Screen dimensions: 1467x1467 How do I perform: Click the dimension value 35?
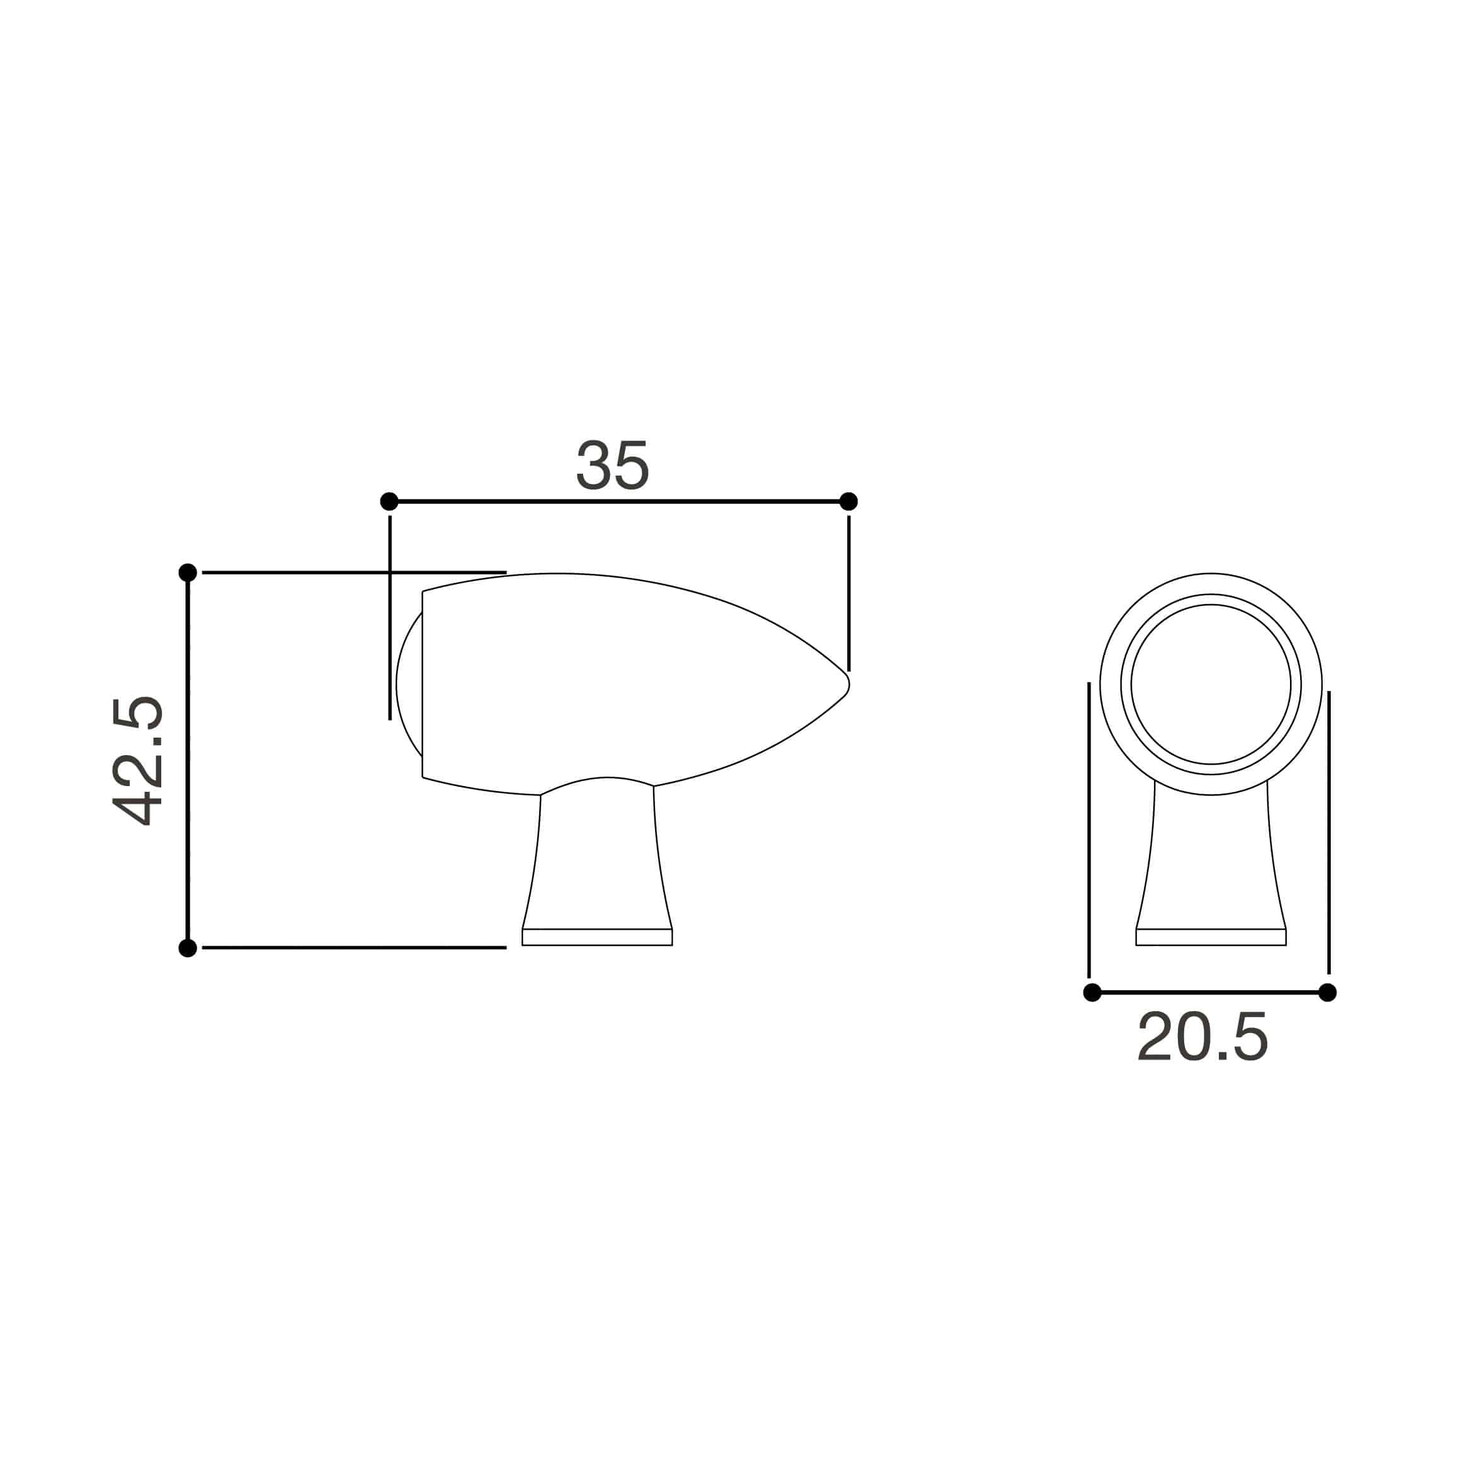[x=613, y=465]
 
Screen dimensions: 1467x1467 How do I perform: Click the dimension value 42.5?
[x=137, y=761]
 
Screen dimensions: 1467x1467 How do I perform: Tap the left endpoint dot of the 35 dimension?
[x=389, y=501]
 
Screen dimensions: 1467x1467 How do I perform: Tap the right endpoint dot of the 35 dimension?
[x=849, y=501]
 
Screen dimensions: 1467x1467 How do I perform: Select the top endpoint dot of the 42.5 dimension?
[x=188, y=573]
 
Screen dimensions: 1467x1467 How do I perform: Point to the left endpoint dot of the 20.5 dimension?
[x=1092, y=993]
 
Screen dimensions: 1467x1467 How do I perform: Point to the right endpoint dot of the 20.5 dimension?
[x=1327, y=993]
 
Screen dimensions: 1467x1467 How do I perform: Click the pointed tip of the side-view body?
[x=847, y=684]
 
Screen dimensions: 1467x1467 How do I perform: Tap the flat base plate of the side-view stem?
[x=597, y=937]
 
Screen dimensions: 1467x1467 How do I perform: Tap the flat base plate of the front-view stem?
[x=1211, y=937]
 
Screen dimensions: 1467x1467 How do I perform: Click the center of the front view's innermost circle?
[x=1211, y=684]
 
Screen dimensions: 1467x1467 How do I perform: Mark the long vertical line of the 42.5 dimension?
[x=188, y=759]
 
